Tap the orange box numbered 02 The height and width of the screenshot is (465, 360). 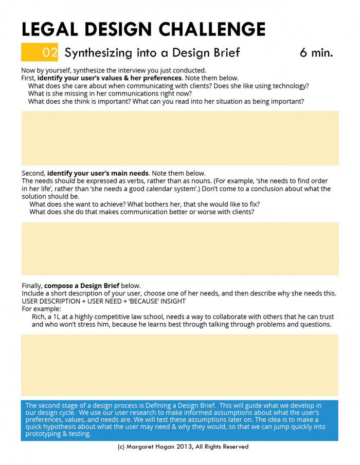coord(40,52)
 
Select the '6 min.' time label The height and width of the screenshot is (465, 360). coord(316,52)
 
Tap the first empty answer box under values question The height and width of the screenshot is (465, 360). coord(180,138)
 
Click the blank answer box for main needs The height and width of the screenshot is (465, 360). coord(180,248)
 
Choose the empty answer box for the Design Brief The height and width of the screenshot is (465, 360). coord(180,364)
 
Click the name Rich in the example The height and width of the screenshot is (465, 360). coord(40,317)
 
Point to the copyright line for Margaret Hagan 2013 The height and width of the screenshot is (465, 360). coord(183,447)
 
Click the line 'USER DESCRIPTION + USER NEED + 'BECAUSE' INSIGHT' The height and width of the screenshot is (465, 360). coord(103,301)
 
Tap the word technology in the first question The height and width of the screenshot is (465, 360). coord(291,86)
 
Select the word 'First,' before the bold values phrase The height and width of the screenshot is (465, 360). coord(29,78)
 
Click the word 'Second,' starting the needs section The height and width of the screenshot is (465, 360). coord(33,173)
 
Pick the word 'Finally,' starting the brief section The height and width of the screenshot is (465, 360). coord(32,286)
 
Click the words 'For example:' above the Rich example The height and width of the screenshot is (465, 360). coord(41,309)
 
